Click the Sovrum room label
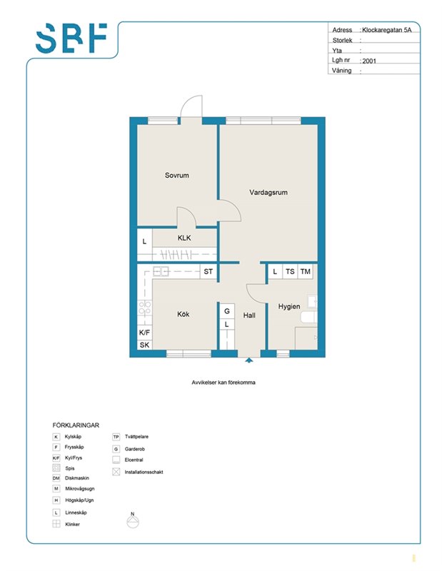click(176, 175)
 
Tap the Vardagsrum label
click(268, 192)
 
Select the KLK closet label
click(184, 238)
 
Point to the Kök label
click(183, 314)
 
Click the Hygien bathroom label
click(289, 307)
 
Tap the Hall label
click(249, 315)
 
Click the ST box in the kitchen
click(208, 272)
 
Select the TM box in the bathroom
click(306, 272)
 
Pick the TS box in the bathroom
click(290, 272)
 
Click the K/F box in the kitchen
click(145, 333)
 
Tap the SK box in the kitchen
click(145, 345)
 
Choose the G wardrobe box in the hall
click(227, 311)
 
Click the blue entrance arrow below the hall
click(249, 360)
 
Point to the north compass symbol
click(133, 520)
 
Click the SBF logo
click(71, 39)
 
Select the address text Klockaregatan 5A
click(386, 30)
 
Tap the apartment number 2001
click(369, 61)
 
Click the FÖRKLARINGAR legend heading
click(76, 425)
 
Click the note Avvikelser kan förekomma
click(223, 383)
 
